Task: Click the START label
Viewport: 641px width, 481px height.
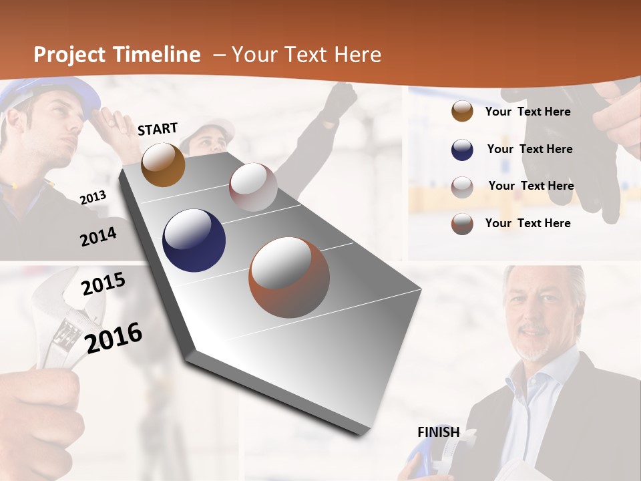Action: point(158,129)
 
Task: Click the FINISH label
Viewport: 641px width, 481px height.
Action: point(438,432)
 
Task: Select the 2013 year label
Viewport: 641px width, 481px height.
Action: point(93,198)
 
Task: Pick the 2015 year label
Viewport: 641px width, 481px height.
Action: point(103,285)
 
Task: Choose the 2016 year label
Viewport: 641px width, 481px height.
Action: point(114,337)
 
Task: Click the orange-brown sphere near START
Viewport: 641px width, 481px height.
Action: point(163,164)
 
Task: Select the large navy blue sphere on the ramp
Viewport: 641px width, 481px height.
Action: point(194,240)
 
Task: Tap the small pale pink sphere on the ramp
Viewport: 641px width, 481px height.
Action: point(253,187)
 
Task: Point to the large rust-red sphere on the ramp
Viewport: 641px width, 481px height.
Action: point(289,277)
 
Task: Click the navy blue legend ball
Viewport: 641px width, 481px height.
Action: point(462,150)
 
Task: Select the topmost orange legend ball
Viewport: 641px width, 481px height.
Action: point(462,112)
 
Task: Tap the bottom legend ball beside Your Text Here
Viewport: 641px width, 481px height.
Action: point(462,224)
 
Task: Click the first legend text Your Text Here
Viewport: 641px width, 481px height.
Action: point(527,112)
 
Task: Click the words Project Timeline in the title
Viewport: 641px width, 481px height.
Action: point(117,55)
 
